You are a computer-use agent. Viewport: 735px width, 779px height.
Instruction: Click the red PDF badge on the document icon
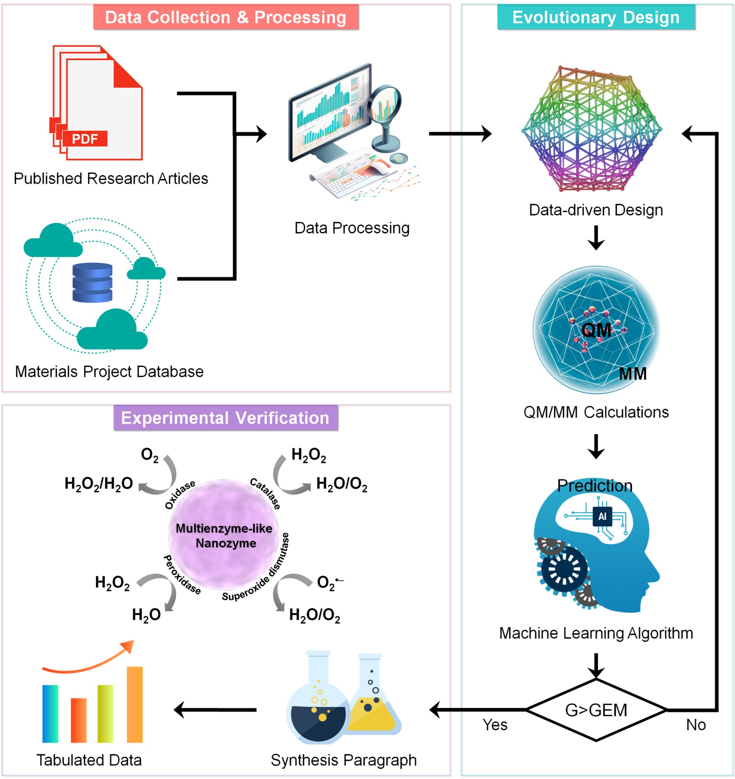pos(84,139)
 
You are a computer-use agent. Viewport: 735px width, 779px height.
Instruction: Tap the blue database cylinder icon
pos(92,283)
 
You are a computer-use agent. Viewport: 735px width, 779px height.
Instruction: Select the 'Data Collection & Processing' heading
pos(226,17)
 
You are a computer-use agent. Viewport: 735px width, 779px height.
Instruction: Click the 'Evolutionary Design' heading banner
pos(596,17)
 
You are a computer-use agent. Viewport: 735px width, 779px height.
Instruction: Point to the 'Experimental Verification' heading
pos(225,418)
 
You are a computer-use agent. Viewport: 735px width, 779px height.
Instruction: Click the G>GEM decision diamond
pos(596,710)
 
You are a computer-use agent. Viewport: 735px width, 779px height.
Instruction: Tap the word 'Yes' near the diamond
pos(495,725)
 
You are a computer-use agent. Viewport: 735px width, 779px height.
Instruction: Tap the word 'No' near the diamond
pos(696,725)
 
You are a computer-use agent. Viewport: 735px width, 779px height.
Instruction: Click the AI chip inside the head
pos(602,516)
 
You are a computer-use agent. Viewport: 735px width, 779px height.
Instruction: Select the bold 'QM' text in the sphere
pos(596,330)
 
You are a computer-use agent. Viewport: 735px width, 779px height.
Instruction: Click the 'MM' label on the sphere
pos(633,374)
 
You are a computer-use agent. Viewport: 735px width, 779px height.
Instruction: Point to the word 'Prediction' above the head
pos(595,486)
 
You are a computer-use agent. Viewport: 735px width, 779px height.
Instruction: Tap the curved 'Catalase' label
pos(266,493)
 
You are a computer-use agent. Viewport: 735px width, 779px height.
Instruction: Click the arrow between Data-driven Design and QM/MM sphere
pos(596,238)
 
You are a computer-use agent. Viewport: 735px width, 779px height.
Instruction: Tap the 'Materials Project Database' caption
pos(109,372)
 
